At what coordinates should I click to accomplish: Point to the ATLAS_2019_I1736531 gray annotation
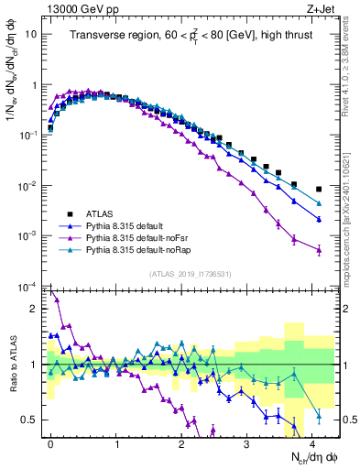[189, 273]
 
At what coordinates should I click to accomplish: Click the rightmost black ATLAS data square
[319, 190]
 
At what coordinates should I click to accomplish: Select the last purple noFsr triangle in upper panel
[319, 249]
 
